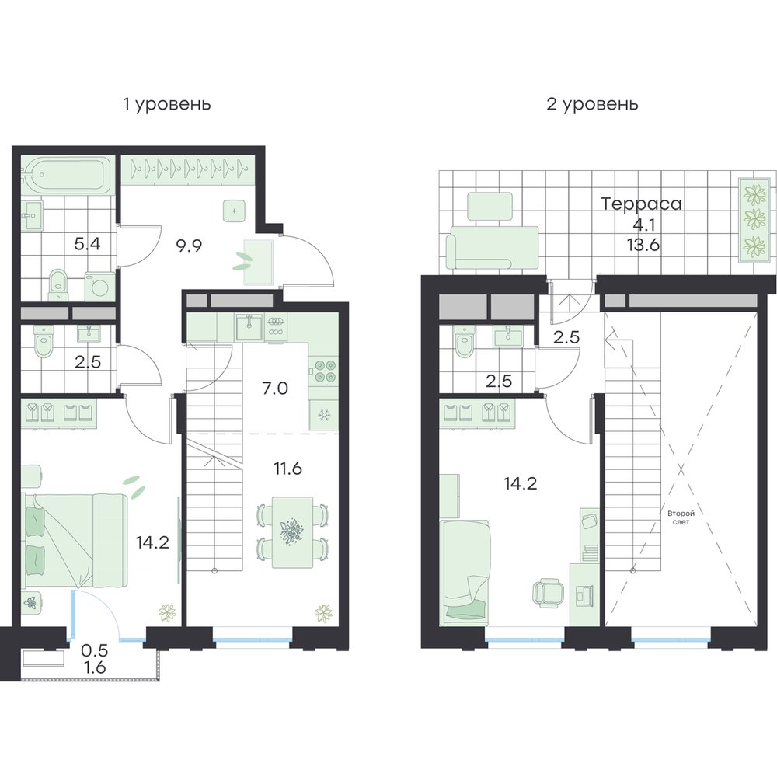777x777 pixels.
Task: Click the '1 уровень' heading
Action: (x=167, y=105)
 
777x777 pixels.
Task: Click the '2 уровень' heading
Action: (x=592, y=105)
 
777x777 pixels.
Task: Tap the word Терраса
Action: (x=641, y=204)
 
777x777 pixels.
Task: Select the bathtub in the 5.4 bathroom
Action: (x=68, y=174)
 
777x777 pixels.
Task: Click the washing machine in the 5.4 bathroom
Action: (x=99, y=286)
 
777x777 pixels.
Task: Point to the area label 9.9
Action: (x=190, y=245)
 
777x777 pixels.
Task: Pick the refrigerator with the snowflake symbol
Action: (x=324, y=415)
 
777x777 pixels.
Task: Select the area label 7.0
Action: (x=275, y=388)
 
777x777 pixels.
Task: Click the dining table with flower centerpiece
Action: (x=292, y=531)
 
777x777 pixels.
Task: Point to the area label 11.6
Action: (x=288, y=469)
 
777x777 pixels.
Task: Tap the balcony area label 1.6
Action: (x=95, y=667)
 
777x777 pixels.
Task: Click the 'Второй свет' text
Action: (x=681, y=517)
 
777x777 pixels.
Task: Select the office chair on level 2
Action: (x=549, y=593)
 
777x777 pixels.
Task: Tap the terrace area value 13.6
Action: (x=643, y=245)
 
